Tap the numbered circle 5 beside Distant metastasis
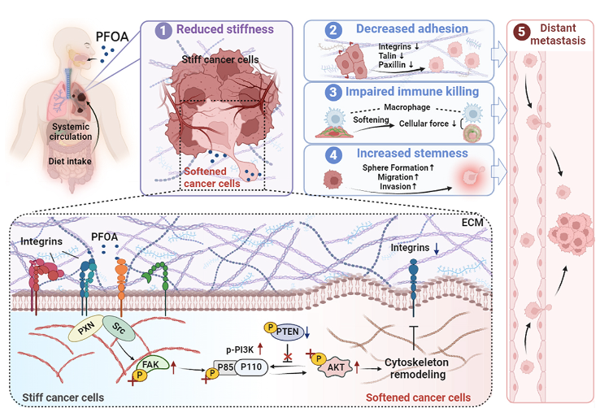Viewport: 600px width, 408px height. (x=522, y=32)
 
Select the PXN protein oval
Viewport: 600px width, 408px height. (x=86, y=328)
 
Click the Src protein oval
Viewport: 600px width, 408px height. (x=119, y=328)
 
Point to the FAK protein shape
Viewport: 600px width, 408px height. (x=153, y=364)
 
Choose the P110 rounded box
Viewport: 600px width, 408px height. (x=251, y=367)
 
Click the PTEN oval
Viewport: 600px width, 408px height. (x=287, y=332)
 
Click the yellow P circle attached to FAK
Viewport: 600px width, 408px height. (x=140, y=375)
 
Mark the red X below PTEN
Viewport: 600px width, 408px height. (x=287, y=358)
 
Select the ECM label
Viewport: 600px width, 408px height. (x=472, y=222)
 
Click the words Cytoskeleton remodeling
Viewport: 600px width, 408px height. (x=417, y=368)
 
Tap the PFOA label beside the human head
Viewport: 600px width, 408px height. (x=111, y=37)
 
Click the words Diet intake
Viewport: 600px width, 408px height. (x=70, y=162)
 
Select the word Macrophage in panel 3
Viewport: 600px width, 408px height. (x=407, y=107)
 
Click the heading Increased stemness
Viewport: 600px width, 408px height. (x=412, y=153)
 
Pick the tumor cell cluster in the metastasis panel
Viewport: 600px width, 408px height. (x=571, y=233)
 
